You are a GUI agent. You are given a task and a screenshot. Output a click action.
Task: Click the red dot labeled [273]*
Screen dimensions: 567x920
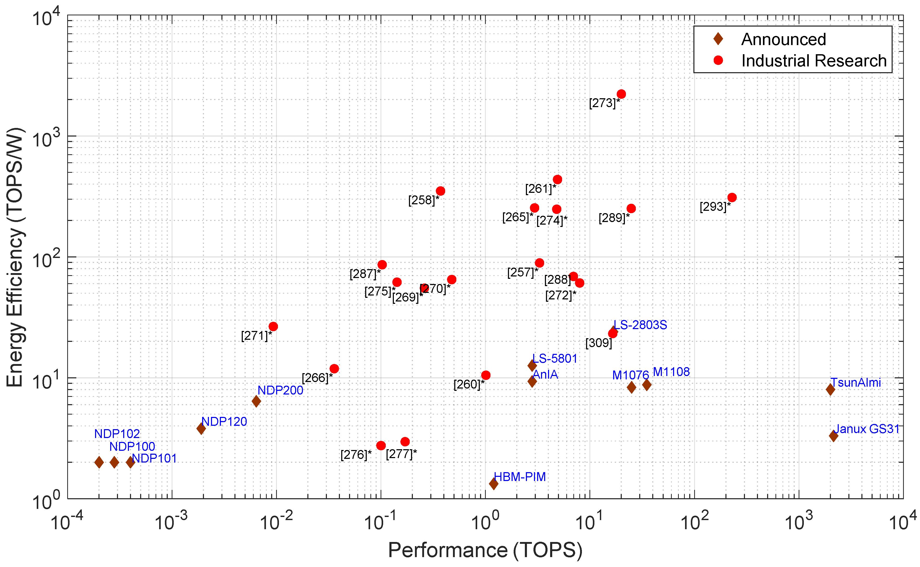(x=621, y=94)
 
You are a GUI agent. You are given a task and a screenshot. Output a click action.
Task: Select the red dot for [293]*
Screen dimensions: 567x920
(x=731, y=198)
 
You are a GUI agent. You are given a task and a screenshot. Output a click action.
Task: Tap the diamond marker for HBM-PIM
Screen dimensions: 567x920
(x=494, y=484)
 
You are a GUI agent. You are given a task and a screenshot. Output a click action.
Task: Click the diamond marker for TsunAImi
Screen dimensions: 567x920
(x=830, y=389)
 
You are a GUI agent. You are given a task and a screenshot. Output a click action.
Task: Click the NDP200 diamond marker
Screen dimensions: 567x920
(x=256, y=401)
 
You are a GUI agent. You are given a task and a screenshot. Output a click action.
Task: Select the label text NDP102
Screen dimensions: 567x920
(x=117, y=434)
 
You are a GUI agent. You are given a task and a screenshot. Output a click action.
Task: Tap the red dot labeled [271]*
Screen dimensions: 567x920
(x=273, y=327)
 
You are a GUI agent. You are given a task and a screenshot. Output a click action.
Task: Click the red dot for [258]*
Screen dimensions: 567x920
(x=440, y=191)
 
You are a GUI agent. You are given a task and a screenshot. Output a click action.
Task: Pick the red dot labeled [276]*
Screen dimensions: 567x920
(x=381, y=446)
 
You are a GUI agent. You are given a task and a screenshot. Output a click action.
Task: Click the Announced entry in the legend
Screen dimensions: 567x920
(x=783, y=39)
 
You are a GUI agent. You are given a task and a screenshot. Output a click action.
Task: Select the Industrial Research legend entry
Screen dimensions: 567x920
(x=813, y=61)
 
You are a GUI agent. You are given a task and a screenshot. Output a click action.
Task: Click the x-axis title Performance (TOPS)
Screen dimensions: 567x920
(x=485, y=550)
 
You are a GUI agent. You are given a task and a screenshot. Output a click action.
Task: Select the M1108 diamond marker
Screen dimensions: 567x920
(x=647, y=385)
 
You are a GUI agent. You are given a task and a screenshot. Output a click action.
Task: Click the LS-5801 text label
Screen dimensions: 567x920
(x=555, y=359)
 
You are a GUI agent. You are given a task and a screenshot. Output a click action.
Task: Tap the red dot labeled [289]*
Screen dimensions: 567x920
(x=631, y=208)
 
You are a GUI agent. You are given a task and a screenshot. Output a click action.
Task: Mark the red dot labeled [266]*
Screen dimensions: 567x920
(x=334, y=369)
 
